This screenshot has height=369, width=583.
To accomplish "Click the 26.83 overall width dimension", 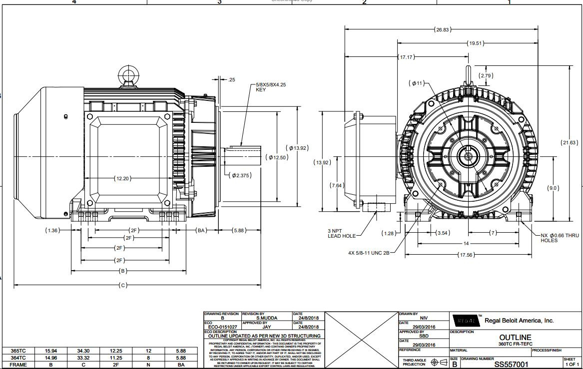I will [x=443, y=30].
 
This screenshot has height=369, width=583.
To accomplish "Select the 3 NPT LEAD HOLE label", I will [x=342, y=233].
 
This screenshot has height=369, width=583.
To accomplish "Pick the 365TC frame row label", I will [x=18, y=351].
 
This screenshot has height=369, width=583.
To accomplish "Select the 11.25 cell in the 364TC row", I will [x=116, y=358].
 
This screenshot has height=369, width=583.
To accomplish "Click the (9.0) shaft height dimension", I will [x=554, y=188].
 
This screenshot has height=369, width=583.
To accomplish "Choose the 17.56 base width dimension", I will [x=466, y=255].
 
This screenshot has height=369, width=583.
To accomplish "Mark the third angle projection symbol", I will [x=439, y=363].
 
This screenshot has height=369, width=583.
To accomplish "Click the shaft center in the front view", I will [x=469, y=156].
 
